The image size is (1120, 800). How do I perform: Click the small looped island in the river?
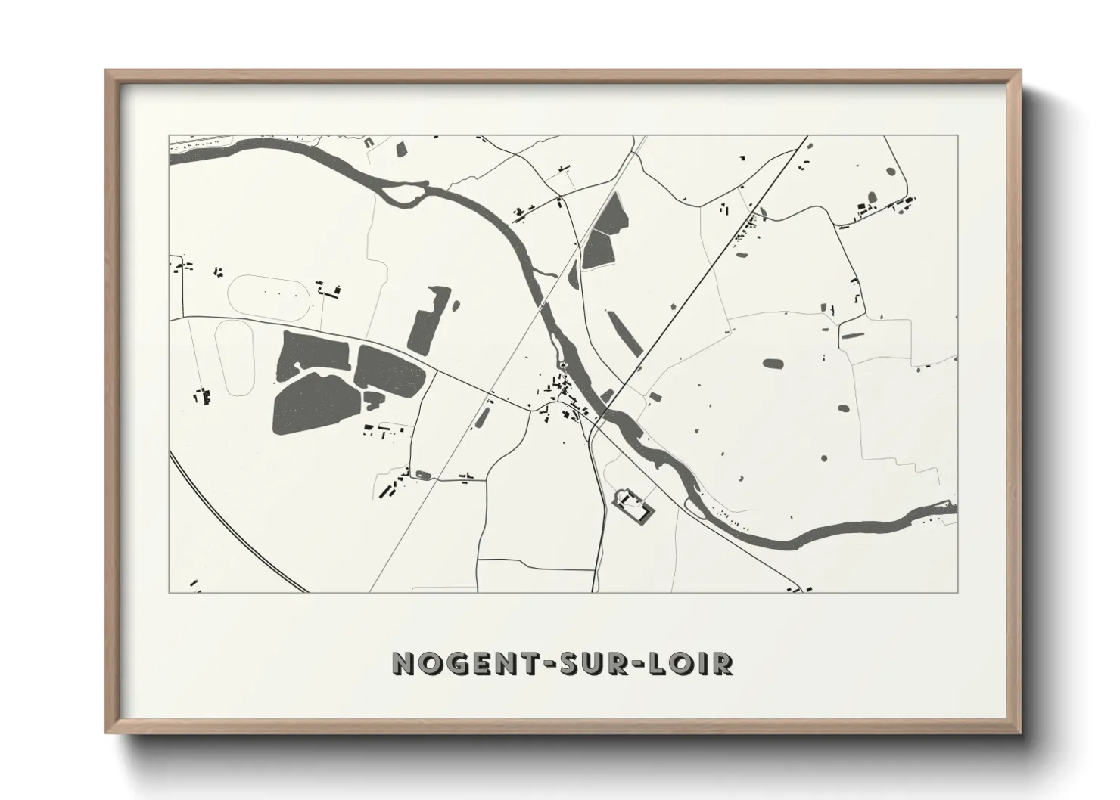tap(401, 196)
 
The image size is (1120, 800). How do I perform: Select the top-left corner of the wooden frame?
tap(107, 72)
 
